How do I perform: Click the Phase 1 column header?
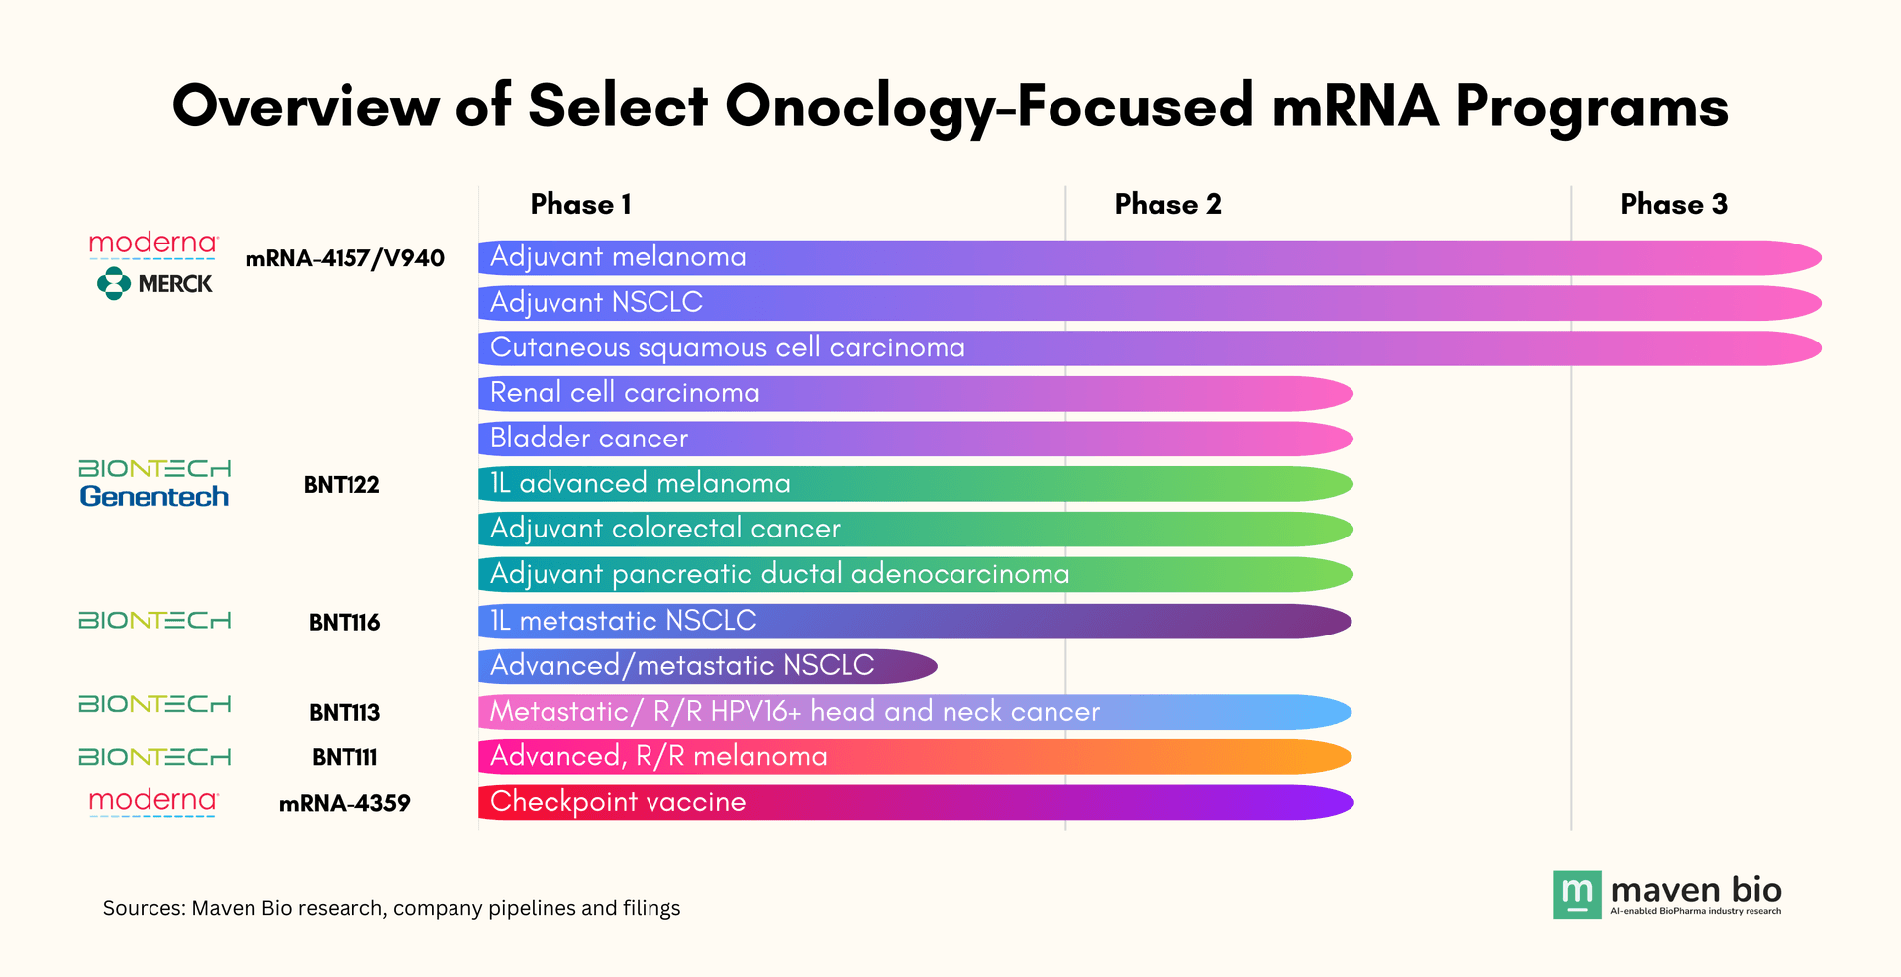580,204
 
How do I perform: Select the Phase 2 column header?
1167,204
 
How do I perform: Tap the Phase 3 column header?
1673,204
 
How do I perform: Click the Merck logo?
154,284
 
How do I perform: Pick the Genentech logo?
154,496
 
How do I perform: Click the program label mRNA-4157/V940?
345,258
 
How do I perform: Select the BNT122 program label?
342,485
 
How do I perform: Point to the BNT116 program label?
345,623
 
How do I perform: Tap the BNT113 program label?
345,713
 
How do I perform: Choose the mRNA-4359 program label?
345,803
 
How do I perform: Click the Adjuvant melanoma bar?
1149,257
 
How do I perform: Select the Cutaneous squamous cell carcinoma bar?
1149,348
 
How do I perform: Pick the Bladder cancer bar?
915,439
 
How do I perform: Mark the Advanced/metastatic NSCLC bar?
707,666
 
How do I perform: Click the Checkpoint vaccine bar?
915,802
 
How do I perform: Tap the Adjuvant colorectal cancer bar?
915,530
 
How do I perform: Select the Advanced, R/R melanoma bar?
915,757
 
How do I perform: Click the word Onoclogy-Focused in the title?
989,107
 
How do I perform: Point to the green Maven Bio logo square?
1576,895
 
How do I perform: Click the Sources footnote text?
391,908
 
